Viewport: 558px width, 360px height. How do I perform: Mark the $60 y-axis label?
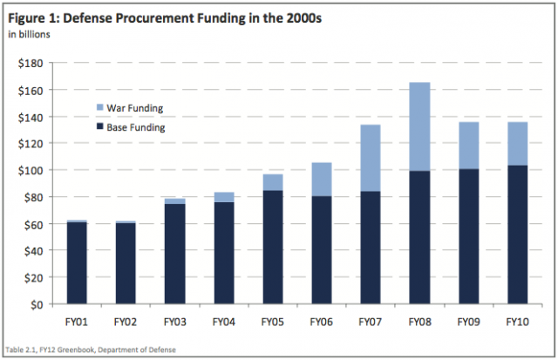point(33,224)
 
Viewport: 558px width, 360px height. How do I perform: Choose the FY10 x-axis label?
point(517,320)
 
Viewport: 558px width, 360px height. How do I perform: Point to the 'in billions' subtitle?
point(29,35)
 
